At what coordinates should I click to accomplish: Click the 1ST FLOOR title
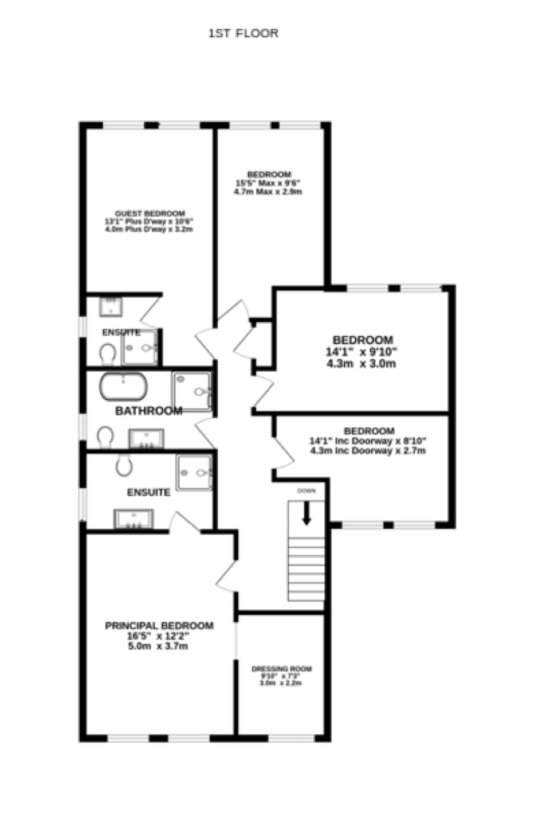[243, 33]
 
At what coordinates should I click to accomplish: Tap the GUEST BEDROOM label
[150, 213]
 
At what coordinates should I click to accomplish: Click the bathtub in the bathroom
[123, 387]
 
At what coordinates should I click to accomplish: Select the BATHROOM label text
[149, 411]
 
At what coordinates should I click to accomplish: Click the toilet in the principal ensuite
[124, 465]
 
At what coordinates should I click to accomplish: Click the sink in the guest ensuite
[111, 307]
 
